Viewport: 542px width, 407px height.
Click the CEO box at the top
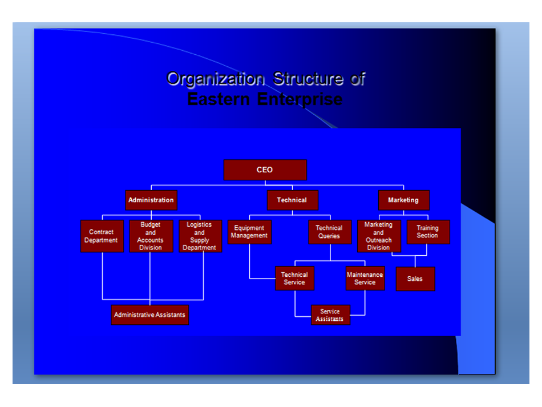point(265,170)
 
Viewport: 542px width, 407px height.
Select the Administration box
point(151,200)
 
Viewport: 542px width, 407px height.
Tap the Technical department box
point(292,200)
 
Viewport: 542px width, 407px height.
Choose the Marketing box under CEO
point(403,200)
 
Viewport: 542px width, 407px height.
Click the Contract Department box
point(102,236)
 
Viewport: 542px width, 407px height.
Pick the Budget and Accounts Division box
point(151,236)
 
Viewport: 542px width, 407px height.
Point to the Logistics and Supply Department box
point(200,236)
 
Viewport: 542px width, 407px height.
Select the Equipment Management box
point(249,232)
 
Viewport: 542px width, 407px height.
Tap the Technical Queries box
point(329,232)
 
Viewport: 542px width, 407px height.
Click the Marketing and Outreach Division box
point(379,236)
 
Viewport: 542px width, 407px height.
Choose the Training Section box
point(428,232)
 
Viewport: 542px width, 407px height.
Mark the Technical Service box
point(294,279)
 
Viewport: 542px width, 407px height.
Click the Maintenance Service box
point(365,279)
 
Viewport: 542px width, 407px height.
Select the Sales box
point(415,279)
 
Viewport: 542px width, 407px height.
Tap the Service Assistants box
point(330,315)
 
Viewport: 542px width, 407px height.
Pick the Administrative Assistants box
point(149,315)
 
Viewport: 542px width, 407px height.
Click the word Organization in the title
point(215,79)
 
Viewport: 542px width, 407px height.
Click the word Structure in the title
point(308,79)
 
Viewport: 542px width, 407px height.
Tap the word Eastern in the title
point(219,99)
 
